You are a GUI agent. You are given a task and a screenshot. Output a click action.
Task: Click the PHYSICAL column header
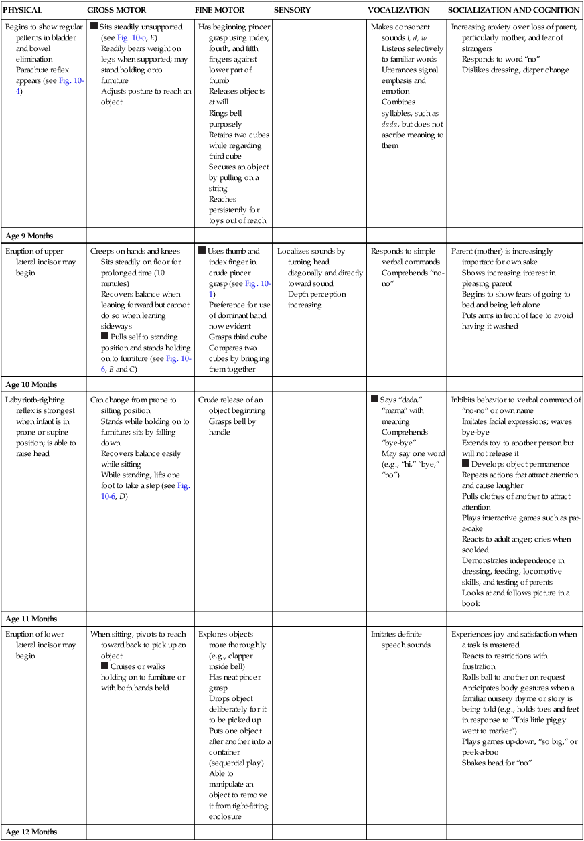pyautogui.click(x=23, y=10)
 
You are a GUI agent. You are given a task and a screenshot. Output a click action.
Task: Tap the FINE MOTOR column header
pyautogui.click(x=220, y=10)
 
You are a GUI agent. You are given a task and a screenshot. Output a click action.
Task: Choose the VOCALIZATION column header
pyautogui.click(x=398, y=10)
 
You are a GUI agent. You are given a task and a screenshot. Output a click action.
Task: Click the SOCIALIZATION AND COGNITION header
pyautogui.click(x=514, y=10)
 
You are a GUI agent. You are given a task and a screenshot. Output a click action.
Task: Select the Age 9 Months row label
pyautogui.click(x=29, y=236)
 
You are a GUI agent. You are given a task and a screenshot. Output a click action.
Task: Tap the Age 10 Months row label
pyautogui.click(x=31, y=384)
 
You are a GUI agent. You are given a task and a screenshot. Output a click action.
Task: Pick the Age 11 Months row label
pyautogui.click(x=31, y=619)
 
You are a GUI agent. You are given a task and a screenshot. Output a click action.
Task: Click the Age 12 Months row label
pyautogui.click(x=31, y=832)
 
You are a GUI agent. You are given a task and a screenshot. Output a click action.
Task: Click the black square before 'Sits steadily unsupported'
pyautogui.click(x=94, y=27)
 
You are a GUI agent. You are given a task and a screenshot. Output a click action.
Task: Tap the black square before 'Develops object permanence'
pyautogui.click(x=465, y=464)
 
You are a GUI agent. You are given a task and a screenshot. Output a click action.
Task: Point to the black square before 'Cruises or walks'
pyautogui.click(x=104, y=666)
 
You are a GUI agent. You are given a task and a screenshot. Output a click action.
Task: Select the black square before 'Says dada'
pyautogui.click(x=374, y=400)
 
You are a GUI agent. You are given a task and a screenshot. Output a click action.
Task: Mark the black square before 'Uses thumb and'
pyautogui.click(x=202, y=251)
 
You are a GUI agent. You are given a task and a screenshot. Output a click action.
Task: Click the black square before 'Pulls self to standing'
pyautogui.click(x=104, y=337)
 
